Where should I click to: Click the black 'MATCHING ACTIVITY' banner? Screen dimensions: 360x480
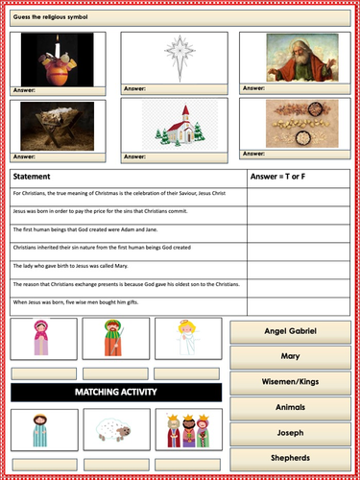(x=116, y=392)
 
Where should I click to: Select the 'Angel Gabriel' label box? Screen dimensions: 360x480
(x=290, y=332)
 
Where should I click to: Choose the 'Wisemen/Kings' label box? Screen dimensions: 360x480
(x=290, y=382)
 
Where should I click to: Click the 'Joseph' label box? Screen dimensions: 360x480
(x=290, y=433)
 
